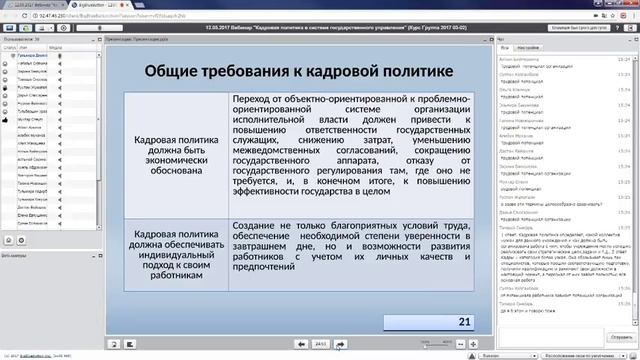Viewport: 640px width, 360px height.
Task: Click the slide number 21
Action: (x=464, y=321)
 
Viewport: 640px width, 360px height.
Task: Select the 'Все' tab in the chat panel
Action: (x=506, y=46)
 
